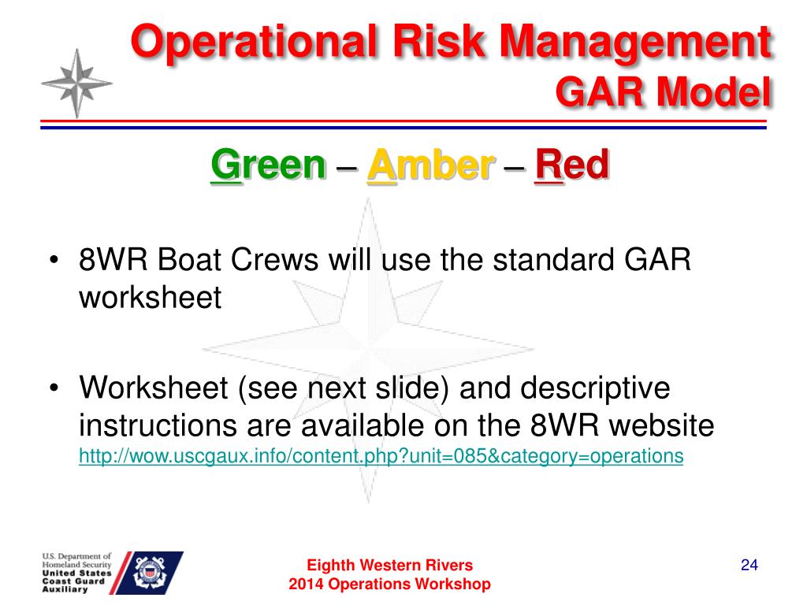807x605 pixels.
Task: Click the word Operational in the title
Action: (253, 43)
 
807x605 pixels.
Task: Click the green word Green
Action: (268, 165)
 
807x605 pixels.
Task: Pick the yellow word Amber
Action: (431, 165)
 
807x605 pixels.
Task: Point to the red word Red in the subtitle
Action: (572, 165)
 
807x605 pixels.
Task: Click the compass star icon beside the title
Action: (76, 84)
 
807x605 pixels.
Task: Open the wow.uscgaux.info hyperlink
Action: (381, 456)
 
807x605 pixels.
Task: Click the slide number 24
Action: (749, 565)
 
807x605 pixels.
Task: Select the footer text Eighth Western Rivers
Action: (389, 565)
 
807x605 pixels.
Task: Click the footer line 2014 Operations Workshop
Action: (389, 584)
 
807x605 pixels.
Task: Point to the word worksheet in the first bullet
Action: (150, 297)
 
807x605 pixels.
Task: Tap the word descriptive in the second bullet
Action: (595, 388)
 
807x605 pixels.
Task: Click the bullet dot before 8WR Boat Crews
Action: (54, 258)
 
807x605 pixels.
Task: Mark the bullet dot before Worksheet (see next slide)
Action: (54, 388)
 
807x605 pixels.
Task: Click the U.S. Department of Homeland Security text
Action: (76, 560)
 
